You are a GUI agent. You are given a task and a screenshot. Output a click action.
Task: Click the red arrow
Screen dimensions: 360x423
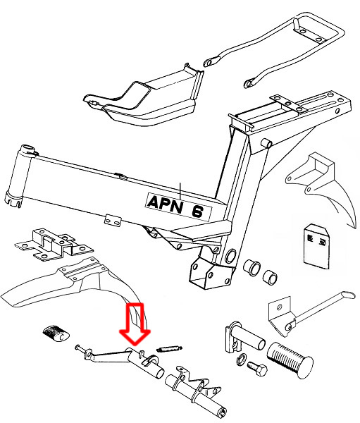(135, 324)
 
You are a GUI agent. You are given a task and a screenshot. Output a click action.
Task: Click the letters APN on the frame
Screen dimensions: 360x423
(164, 204)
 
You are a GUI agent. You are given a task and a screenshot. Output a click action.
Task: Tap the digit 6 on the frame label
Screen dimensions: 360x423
(197, 211)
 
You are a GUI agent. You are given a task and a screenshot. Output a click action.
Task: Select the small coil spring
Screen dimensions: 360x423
(169, 348)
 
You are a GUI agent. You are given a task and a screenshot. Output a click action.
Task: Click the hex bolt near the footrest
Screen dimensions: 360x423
(257, 369)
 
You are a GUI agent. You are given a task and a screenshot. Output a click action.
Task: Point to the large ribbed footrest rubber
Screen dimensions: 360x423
(290, 360)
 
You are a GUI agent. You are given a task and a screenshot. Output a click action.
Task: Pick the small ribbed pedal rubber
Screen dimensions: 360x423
(56, 333)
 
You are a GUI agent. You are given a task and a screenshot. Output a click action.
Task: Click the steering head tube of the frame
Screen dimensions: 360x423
(20, 176)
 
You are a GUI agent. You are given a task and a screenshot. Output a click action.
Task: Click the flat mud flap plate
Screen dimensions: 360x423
(316, 246)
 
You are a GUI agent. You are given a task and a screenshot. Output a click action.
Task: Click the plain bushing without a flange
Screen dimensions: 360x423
(271, 277)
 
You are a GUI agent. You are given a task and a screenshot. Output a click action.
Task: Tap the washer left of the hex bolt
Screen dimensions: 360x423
(242, 360)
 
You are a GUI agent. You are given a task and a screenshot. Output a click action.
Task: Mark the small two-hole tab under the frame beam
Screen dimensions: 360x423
(113, 221)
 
